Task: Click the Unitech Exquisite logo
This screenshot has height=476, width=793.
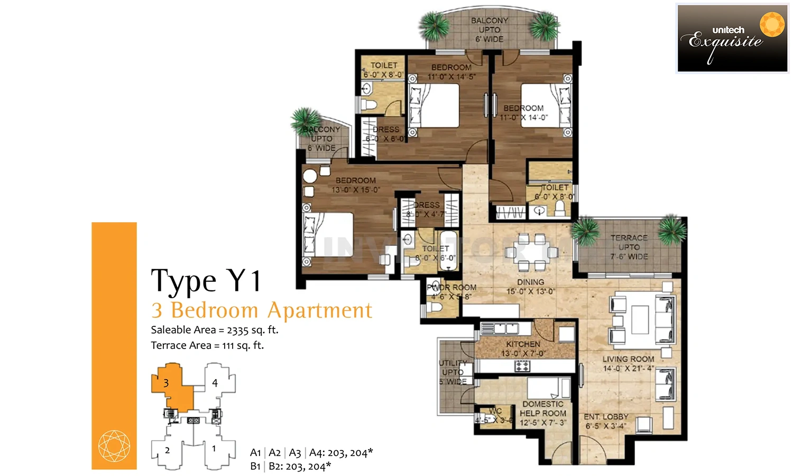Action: [732, 38]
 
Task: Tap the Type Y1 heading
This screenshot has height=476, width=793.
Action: [206, 280]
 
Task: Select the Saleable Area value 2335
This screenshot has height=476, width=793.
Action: [237, 330]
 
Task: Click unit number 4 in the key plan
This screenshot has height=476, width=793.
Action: [215, 383]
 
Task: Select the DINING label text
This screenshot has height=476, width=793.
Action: [530, 282]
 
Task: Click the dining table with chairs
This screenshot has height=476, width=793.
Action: [531, 253]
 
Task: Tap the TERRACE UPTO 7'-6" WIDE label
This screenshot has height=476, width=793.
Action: [629, 247]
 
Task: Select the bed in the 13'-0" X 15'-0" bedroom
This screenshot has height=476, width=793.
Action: [328, 235]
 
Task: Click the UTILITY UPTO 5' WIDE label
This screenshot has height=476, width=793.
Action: [453, 372]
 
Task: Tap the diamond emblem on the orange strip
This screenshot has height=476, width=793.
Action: [114, 446]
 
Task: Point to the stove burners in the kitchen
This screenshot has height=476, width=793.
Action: [522, 365]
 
